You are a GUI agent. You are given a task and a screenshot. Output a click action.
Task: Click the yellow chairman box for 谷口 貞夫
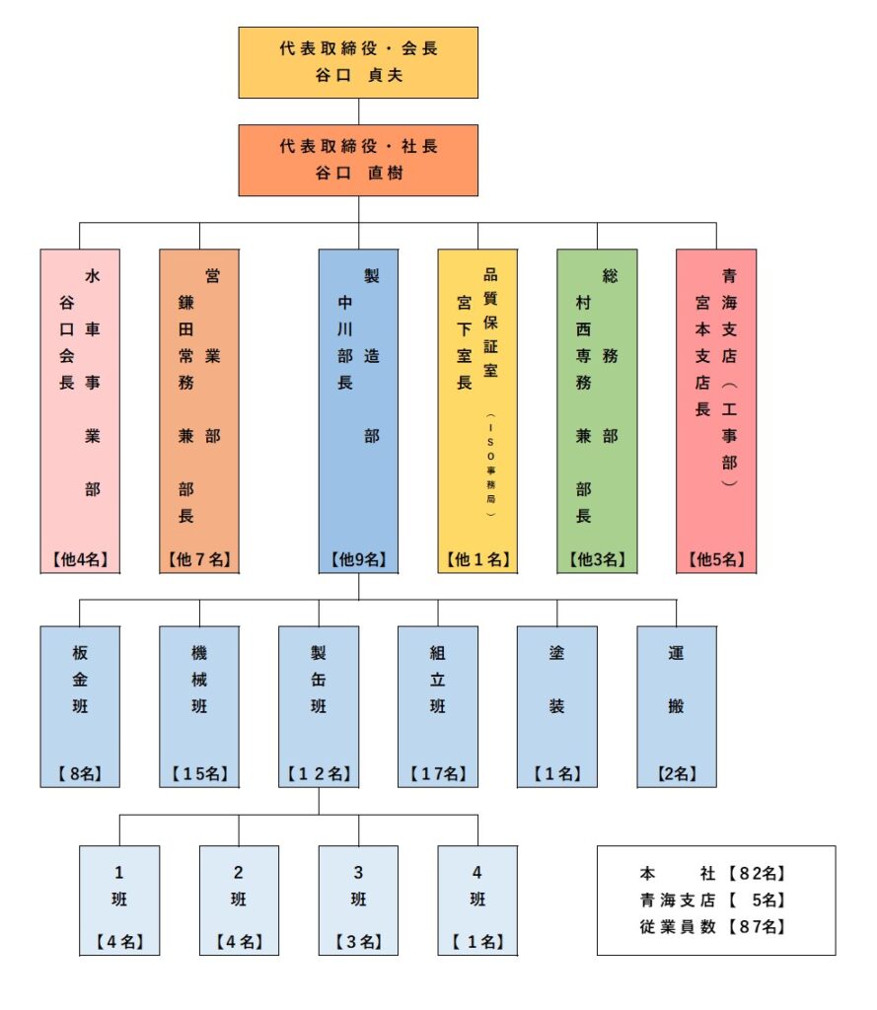coord(358,62)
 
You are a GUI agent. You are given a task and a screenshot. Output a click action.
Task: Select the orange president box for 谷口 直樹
coord(358,160)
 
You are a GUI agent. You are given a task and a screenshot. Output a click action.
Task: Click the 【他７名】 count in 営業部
coord(199,559)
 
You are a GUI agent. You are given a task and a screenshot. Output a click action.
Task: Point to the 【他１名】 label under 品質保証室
coord(477,559)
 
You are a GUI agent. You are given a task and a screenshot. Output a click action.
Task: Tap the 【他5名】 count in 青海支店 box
coord(716,559)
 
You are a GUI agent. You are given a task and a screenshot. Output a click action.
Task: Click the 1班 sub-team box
coord(119,900)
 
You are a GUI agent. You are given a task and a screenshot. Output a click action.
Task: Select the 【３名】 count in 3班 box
coord(358,942)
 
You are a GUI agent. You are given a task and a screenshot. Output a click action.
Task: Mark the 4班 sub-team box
coord(477,900)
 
